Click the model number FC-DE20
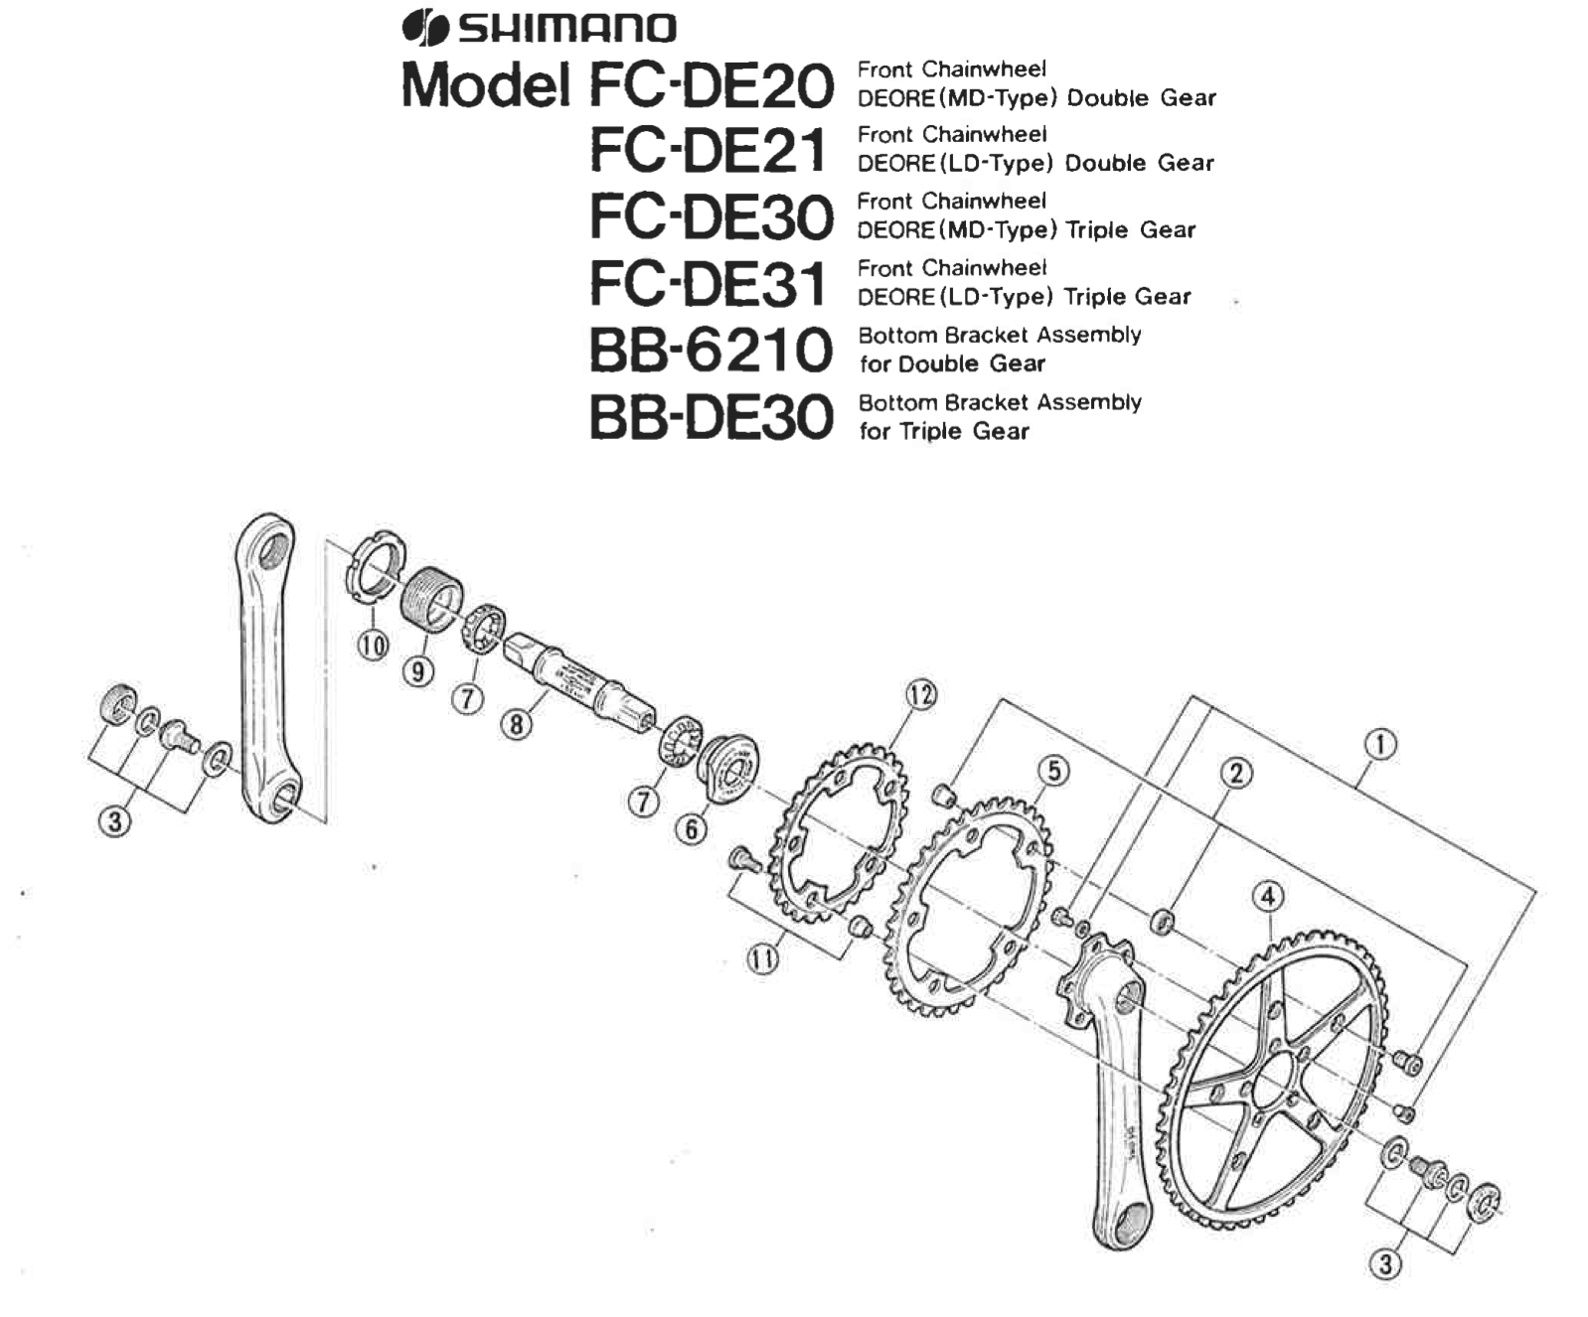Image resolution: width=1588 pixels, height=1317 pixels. [x=712, y=84]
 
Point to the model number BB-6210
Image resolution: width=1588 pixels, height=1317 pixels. [x=710, y=351]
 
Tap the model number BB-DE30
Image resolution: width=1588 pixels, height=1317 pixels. [x=710, y=417]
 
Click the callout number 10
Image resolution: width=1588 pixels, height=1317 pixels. [x=373, y=647]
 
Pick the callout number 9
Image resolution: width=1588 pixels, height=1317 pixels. [x=418, y=672]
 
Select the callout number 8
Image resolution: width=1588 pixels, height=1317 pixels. [x=516, y=725]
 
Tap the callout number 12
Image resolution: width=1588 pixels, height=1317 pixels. [x=920, y=695]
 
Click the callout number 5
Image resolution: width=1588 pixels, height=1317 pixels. [x=1053, y=771]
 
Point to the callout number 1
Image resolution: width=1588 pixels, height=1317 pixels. [x=1380, y=745]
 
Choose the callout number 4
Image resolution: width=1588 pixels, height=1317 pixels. [x=1267, y=897]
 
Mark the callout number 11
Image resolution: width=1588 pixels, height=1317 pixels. [x=763, y=959]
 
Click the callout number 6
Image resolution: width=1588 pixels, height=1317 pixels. [x=692, y=828]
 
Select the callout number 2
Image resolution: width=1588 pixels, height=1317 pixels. [x=1236, y=774]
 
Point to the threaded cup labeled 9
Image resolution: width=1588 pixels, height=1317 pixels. [x=432, y=598]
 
